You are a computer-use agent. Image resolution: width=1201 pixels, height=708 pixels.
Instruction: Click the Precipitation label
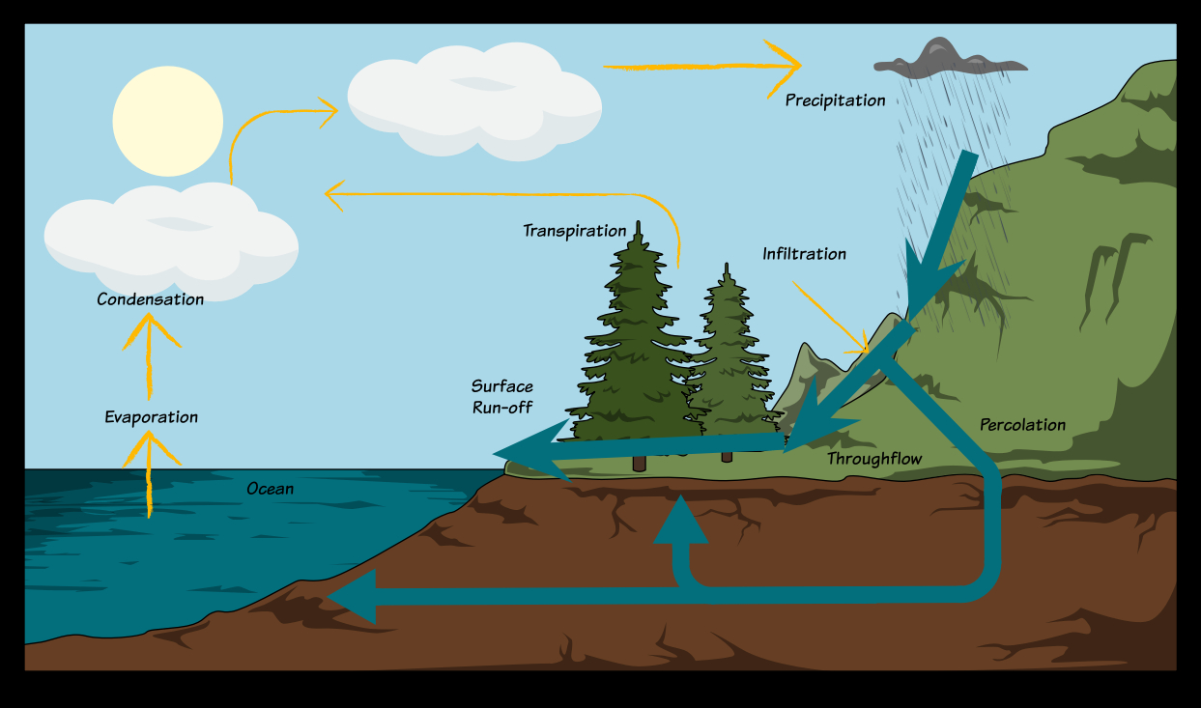tap(836, 100)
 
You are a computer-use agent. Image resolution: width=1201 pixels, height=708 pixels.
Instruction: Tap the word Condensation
tap(150, 299)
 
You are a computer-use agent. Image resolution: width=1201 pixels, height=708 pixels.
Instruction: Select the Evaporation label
tap(151, 417)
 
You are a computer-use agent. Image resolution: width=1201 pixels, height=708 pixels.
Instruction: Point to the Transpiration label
tap(575, 231)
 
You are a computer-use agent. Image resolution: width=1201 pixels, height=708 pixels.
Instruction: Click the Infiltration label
tap(804, 253)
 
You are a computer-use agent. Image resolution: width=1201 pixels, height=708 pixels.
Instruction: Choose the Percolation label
tap(1022, 425)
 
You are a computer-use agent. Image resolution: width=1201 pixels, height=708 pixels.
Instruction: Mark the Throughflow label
tap(874, 459)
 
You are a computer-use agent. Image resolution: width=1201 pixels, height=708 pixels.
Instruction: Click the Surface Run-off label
tap(502, 397)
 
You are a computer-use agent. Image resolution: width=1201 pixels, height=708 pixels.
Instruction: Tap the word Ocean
tap(271, 489)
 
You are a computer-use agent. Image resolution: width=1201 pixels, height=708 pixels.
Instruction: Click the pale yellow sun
tap(168, 121)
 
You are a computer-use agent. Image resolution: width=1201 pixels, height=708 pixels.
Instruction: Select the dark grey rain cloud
tap(950, 57)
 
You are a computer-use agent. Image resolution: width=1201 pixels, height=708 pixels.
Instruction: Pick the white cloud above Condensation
tap(172, 241)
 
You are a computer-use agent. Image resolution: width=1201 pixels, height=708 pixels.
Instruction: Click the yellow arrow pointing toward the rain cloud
tap(702, 67)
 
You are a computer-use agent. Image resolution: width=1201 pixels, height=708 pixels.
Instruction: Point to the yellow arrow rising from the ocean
tap(150, 474)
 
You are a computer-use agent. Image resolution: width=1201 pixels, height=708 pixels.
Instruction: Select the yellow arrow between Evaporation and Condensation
tap(150, 356)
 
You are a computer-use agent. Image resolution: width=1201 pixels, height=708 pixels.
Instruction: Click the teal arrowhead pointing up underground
tap(681, 519)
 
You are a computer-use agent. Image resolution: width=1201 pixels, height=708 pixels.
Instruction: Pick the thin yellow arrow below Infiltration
tap(830, 317)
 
